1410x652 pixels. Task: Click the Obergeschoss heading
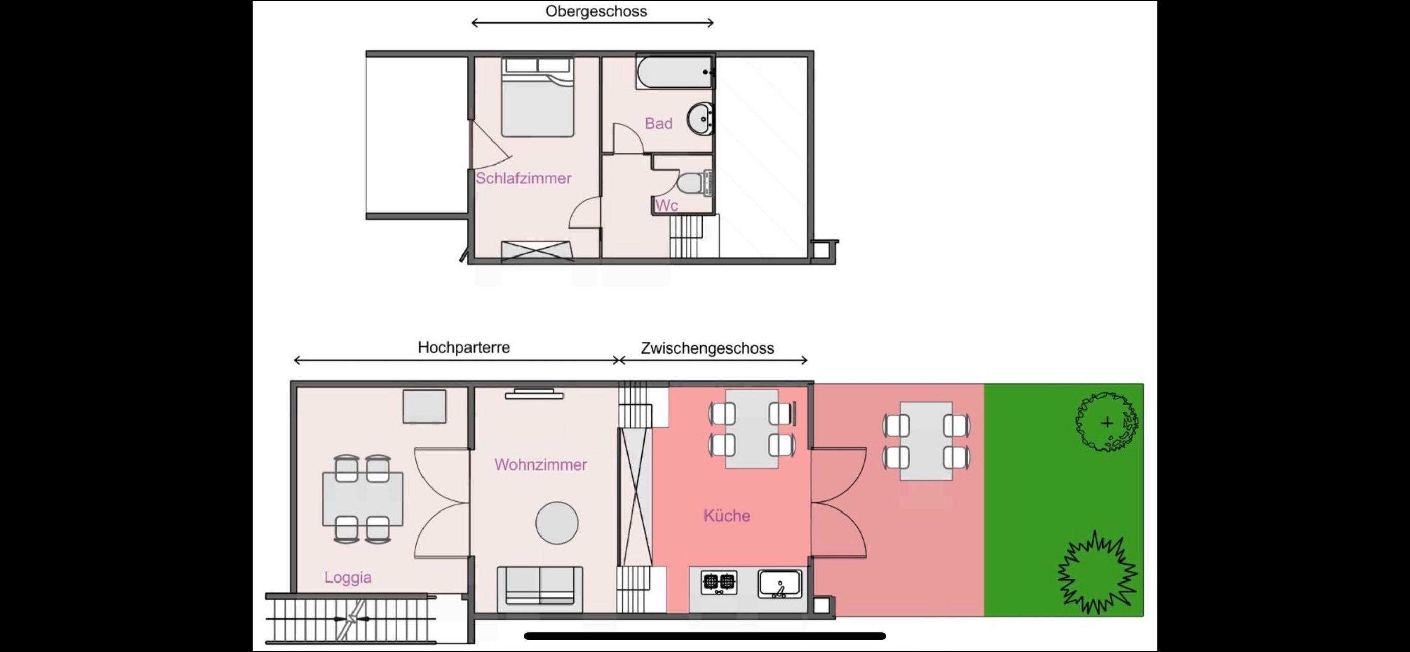596,11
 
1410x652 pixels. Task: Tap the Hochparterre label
464,347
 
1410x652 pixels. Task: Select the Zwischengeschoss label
707,348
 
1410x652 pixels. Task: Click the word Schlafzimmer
523,178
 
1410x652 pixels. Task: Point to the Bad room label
659,123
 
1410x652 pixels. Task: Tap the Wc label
667,205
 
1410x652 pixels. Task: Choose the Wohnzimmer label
541,465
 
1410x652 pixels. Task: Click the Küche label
727,515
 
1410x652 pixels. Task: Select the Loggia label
347,577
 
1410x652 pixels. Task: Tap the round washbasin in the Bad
700,118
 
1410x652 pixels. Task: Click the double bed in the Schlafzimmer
537,97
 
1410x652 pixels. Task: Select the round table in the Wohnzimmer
557,523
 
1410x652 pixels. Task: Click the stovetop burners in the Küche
719,583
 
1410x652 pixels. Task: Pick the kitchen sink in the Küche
780,584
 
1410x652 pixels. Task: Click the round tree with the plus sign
1106,422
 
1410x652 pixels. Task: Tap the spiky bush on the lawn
1097,573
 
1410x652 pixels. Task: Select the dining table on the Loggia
362,499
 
